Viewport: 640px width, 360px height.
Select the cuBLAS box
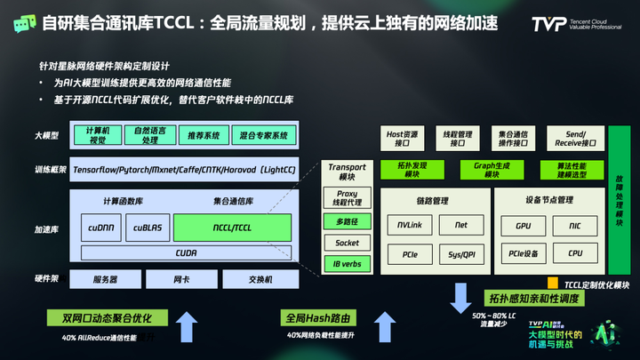[x=146, y=228]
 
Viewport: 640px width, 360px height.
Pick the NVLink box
[x=410, y=226]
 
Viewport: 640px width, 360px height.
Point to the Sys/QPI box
[x=460, y=254]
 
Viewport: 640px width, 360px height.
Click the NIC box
[x=577, y=226]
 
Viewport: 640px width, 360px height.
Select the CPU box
[x=577, y=254]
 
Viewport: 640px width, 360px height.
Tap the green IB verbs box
[x=347, y=264]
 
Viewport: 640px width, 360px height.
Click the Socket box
[x=347, y=243]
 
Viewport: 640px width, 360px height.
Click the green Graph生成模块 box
[x=484, y=170]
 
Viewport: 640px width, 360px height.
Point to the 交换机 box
[x=260, y=280]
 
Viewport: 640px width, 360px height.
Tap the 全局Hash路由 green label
[x=309, y=317]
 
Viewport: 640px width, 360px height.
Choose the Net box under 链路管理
[x=460, y=226]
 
